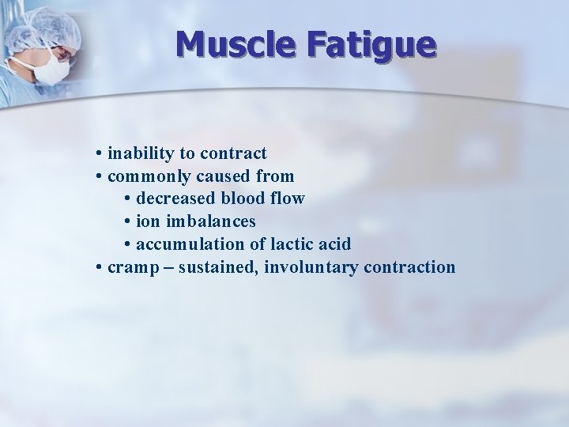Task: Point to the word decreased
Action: (x=178, y=198)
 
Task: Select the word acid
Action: (x=335, y=244)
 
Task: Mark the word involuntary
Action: (x=311, y=267)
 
